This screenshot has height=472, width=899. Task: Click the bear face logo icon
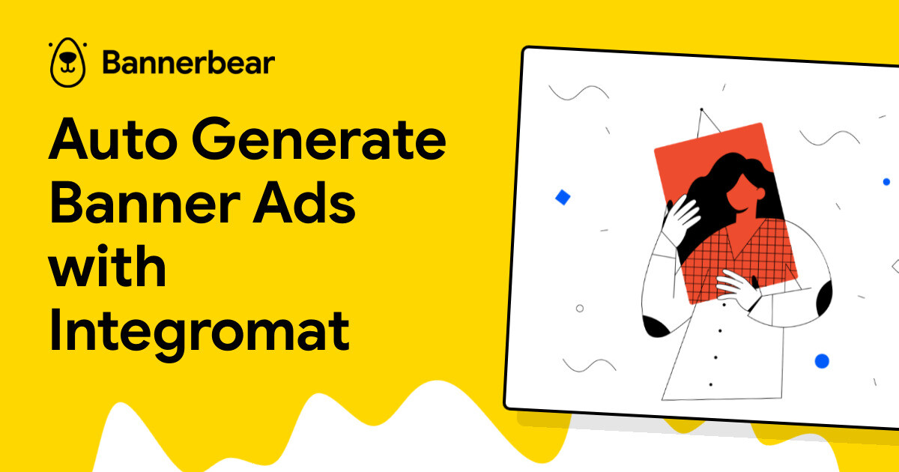tap(66, 63)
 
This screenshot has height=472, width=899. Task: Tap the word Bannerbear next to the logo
tap(189, 63)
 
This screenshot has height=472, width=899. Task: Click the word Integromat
tap(199, 330)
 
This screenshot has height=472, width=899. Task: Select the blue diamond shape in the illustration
tap(563, 198)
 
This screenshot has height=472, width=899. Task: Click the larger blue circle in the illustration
tap(822, 361)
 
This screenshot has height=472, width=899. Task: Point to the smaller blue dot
tap(886, 182)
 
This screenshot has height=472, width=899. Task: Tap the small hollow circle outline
tap(579, 308)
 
